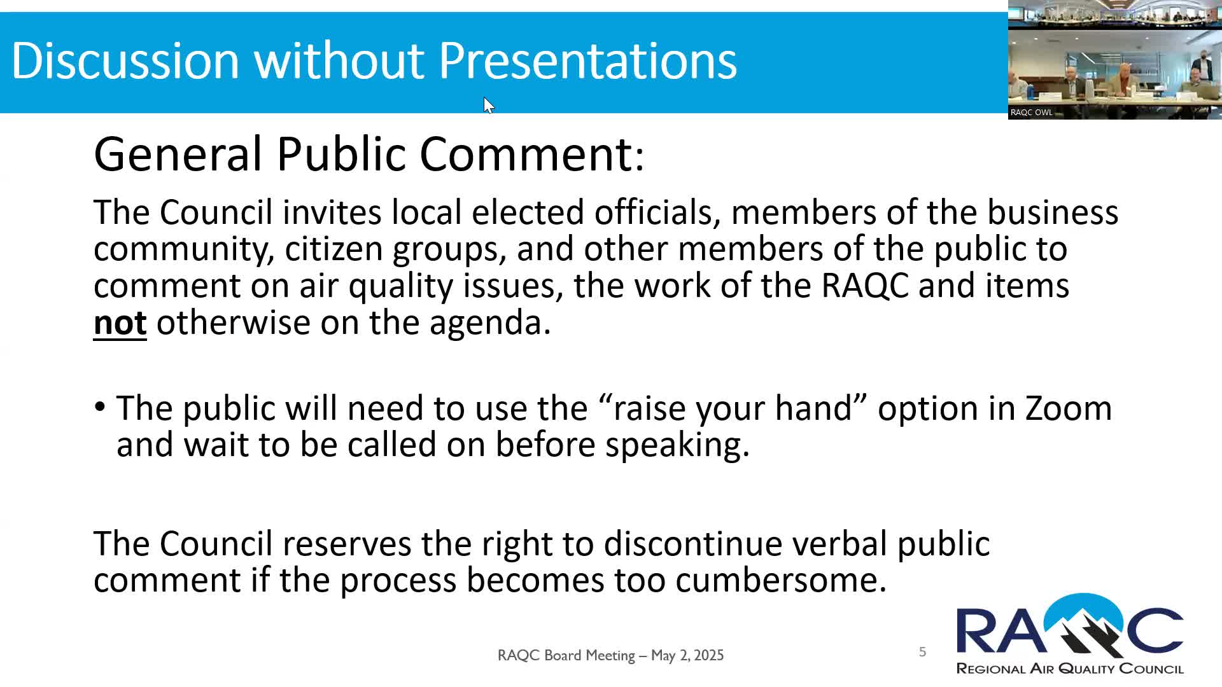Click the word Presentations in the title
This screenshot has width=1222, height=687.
587,60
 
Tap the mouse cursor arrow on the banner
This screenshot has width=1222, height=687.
488,105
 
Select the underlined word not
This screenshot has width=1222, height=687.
120,323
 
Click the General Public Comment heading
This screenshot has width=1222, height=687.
369,154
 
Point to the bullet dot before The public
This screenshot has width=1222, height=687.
100,406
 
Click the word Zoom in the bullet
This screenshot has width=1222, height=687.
1068,408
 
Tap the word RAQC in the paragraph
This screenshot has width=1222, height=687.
865,286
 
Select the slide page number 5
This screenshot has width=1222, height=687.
922,651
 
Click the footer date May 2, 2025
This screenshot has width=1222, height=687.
687,655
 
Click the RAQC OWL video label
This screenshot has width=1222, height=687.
1031,112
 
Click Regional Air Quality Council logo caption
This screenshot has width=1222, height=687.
1069,669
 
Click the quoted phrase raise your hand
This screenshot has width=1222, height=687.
733,408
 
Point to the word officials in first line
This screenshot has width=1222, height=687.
657,212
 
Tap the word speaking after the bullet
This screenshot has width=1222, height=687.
677,445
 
